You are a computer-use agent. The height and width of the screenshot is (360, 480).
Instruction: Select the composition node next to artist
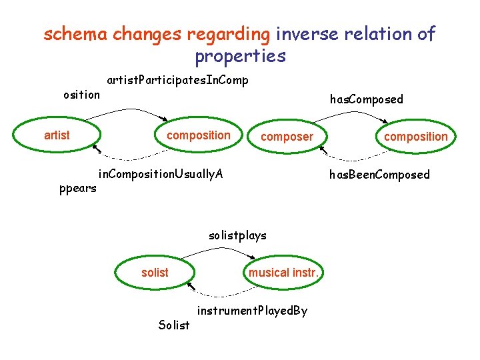click(197, 135)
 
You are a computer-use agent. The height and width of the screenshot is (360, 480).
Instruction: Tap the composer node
click(287, 137)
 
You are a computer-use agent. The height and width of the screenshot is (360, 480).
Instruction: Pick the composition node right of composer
click(415, 137)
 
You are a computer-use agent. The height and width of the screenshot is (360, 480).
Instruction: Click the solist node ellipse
click(155, 272)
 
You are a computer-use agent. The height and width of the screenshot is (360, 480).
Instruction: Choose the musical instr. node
click(285, 272)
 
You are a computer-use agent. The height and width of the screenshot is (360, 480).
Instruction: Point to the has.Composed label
click(367, 99)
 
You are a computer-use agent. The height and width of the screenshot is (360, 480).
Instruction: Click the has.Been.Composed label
click(379, 175)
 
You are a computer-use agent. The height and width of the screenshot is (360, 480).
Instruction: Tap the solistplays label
click(237, 235)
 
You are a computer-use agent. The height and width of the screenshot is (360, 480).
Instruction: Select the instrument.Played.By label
click(252, 311)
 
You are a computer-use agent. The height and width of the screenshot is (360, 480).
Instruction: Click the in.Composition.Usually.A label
click(161, 175)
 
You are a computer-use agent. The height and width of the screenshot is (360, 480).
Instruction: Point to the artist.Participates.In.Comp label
click(177, 81)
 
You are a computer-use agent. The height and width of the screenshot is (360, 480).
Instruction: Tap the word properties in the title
click(240, 56)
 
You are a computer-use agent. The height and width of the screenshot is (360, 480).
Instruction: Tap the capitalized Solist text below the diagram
click(173, 325)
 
